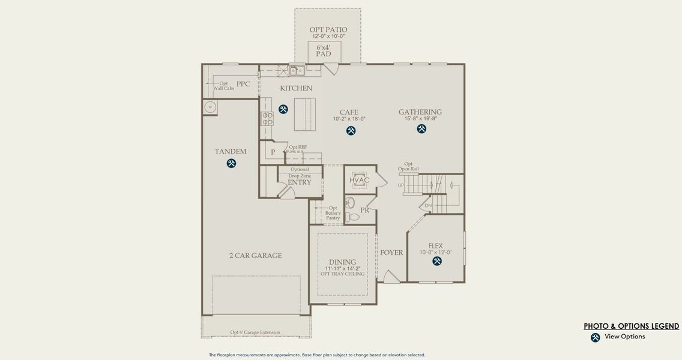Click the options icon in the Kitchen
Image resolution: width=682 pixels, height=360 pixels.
(283, 109)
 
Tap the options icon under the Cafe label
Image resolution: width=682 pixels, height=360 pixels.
(351, 131)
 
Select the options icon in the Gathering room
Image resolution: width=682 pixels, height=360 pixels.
(421, 128)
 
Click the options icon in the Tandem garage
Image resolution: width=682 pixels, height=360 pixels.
(231, 163)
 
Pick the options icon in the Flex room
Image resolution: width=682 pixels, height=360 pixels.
(436, 261)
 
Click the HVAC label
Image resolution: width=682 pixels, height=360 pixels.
(360, 181)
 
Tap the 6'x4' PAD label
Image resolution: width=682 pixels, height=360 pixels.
(324, 50)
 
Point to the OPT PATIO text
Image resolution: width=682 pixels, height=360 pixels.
(328, 29)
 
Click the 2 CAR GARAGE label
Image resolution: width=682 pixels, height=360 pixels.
(255, 256)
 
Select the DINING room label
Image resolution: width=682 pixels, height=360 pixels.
(342, 262)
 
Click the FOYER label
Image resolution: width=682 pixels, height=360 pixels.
(391, 253)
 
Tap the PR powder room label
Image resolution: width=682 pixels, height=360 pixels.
(364, 210)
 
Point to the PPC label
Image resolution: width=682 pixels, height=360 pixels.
(243, 84)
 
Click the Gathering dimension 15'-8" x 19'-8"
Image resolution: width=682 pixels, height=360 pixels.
(420, 119)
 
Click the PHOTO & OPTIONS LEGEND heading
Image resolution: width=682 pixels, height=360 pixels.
(632, 326)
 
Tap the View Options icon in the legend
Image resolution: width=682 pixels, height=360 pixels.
(595, 337)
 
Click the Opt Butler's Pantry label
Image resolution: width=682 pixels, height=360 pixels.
(333, 213)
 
